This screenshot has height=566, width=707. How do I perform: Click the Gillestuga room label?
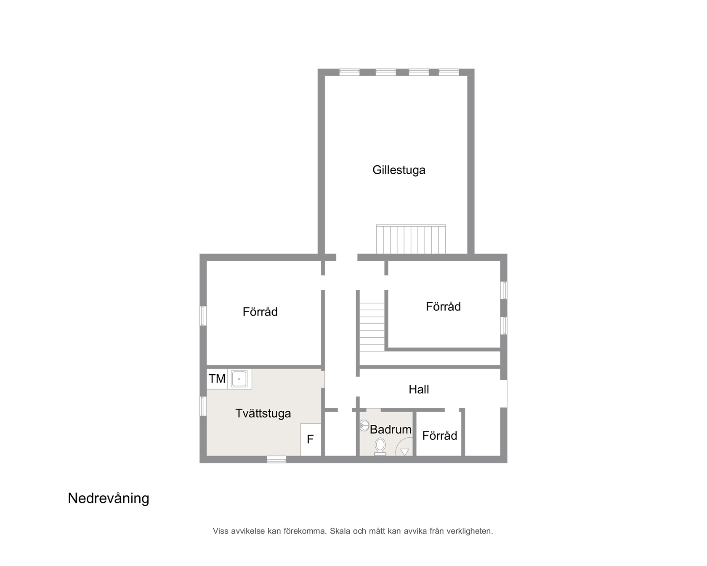pyautogui.click(x=399, y=170)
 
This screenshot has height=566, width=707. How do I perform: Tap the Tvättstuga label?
pyautogui.click(x=263, y=413)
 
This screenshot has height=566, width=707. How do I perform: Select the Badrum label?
pyautogui.click(x=391, y=429)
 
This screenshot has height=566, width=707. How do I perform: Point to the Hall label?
pyautogui.click(x=419, y=389)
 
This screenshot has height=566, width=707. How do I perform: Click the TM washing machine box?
pyautogui.click(x=217, y=379)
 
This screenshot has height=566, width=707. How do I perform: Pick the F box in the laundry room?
pyautogui.click(x=311, y=439)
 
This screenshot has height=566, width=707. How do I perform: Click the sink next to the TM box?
pyautogui.click(x=239, y=379)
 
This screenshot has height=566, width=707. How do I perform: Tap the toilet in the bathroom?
pyautogui.click(x=380, y=447)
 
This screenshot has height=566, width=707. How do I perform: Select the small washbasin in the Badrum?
pyautogui.click(x=364, y=426)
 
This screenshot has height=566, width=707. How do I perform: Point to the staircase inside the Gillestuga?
pyautogui.click(x=411, y=239)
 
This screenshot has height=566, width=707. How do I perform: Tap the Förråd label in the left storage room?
pyautogui.click(x=260, y=312)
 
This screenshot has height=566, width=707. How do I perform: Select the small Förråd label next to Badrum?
pyautogui.click(x=439, y=436)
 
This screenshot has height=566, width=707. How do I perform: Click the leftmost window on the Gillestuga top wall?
pyautogui.click(x=349, y=72)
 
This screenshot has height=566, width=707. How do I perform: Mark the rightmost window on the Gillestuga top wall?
pyautogui.click(x=449, y=72)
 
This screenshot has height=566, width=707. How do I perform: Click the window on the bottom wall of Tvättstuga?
pyautogui.click(x=276, y=460)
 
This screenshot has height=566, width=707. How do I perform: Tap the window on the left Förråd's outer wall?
pyautogui.click(x=203, y=316)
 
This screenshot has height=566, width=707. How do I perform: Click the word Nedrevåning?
pyautogui.click(x=109, y=498)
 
